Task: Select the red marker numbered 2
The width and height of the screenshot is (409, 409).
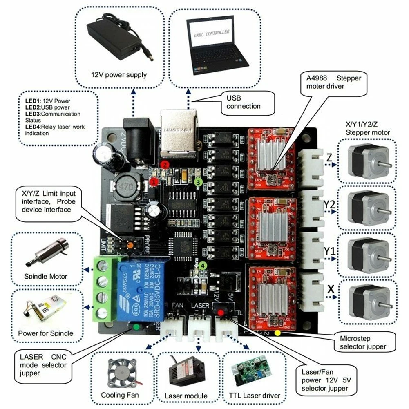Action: click(165, 164)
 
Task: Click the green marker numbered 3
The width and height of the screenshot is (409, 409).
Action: click(198, 181)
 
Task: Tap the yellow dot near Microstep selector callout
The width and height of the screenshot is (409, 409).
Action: click(277, 333)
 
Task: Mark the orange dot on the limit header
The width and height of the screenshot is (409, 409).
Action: click(130, 246)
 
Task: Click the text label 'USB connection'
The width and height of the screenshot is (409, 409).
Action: click(244, 102)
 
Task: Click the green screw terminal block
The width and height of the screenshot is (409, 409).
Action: click(103, 288)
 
